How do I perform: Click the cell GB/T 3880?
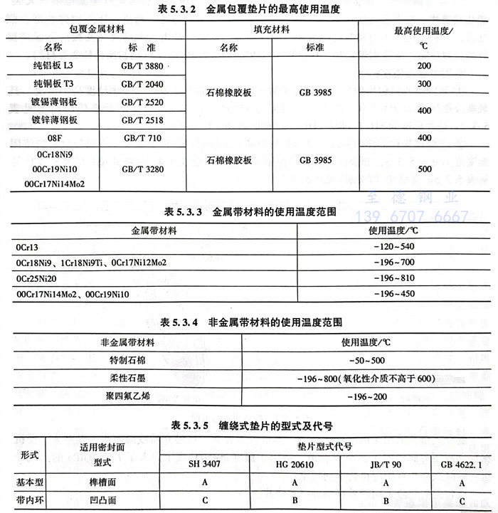(x=142, y=65)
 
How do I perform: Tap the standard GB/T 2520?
(x=142, y=102)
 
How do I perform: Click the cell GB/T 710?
(x=142, y=138)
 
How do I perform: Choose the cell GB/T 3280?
(x=142, y=169)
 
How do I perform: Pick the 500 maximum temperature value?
(x=425, y=169)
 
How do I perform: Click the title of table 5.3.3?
(x=250, y=212)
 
